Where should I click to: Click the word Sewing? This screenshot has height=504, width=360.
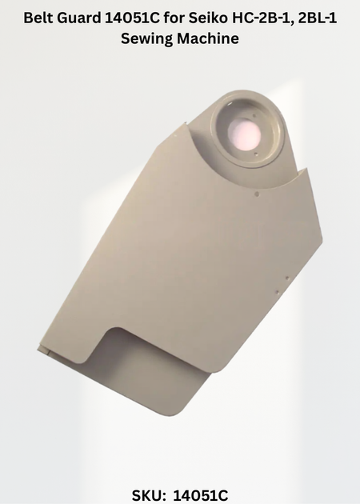tap(147, 38)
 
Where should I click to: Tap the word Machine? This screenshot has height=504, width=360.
tap(208, 38)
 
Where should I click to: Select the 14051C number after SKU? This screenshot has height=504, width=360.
tap(201, 495)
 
